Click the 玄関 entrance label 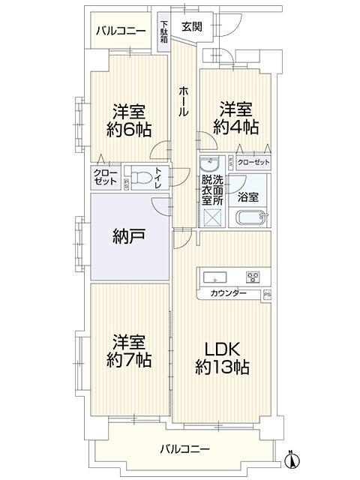pos(192,27)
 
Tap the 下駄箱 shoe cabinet pos(164,31)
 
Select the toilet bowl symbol pos(142,178)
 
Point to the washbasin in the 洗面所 pos(209,164)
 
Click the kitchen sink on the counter pos(215,277)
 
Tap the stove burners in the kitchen pos(253,277)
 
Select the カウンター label pos(228,293)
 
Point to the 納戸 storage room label pos(129,236)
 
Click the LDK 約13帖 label pos(222,358)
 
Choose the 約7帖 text pos(129,360)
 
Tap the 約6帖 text pos(129,130)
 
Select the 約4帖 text pos(236,127)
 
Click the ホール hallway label pos(183,100)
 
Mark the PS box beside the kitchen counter pos(267,295)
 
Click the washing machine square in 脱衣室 pos(211,217)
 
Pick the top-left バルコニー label pos(121,31)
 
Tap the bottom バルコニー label pos(185,449)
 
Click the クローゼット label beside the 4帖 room pos(253,162)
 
